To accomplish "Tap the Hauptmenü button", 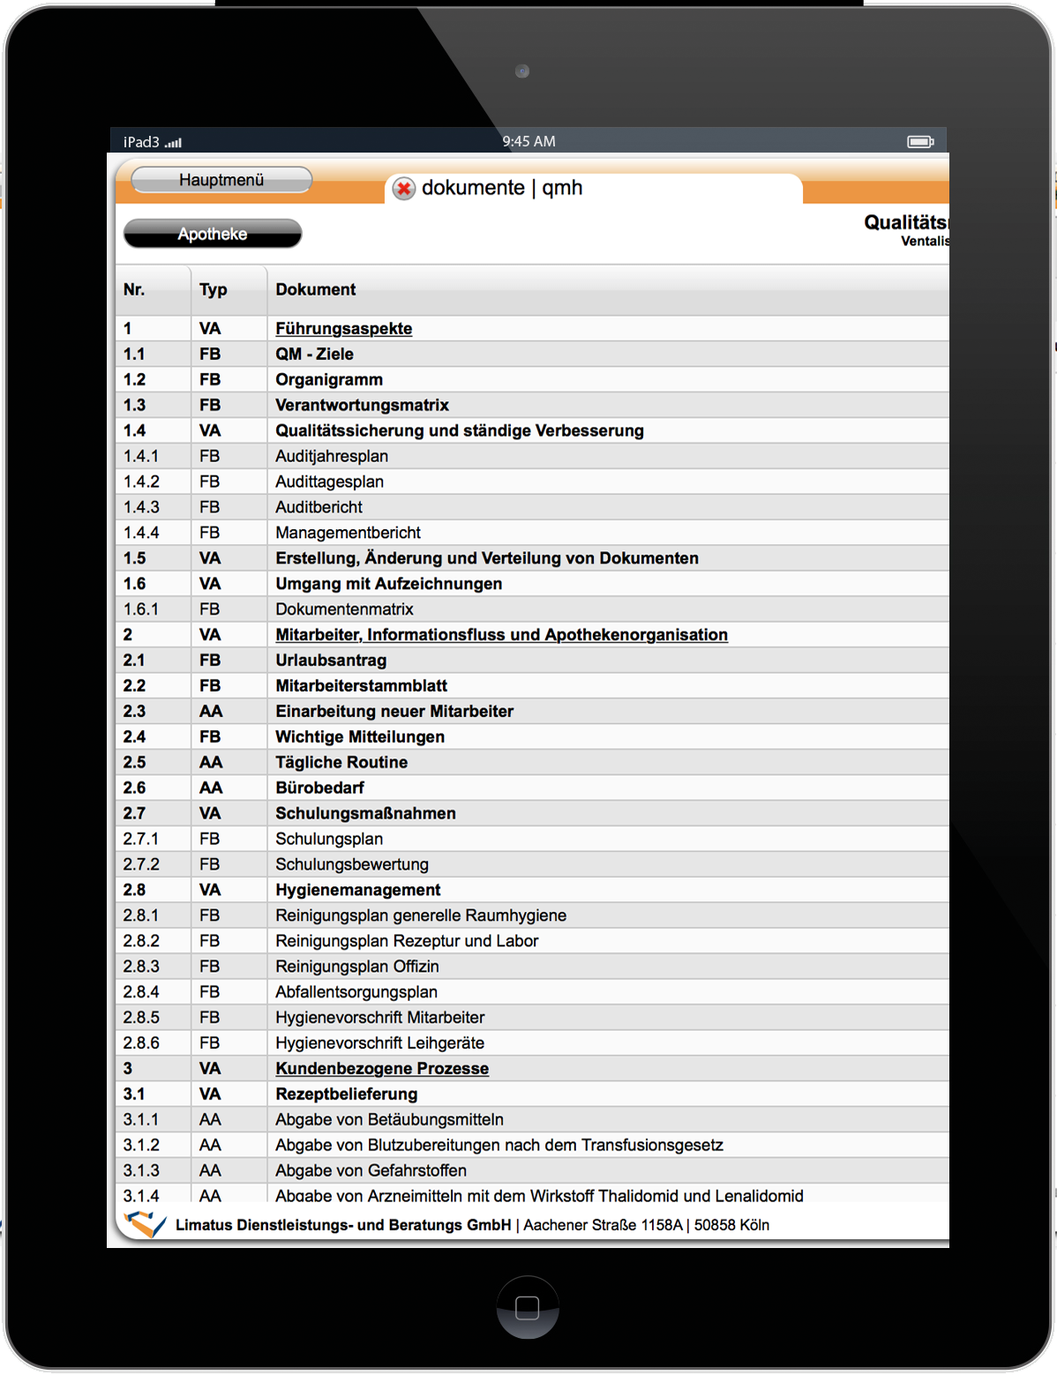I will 221,180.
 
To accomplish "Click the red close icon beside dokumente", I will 404,189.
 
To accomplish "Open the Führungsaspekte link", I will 343,329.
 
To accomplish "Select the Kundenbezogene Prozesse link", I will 381,1069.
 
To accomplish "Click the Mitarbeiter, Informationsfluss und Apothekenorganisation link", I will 501,635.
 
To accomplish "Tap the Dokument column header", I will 315,290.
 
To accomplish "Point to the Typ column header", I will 214,290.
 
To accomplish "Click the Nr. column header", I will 134,290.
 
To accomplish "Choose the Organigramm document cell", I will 329,380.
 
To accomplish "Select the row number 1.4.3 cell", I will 141,508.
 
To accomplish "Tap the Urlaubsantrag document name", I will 331,661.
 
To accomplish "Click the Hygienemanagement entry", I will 357,891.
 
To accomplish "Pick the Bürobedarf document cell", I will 319,788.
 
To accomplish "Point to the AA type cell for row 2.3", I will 211,712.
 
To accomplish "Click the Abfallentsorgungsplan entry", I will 356,992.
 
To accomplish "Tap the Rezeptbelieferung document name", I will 346,1095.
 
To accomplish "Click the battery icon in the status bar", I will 920,142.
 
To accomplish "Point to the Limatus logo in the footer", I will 145,1223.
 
